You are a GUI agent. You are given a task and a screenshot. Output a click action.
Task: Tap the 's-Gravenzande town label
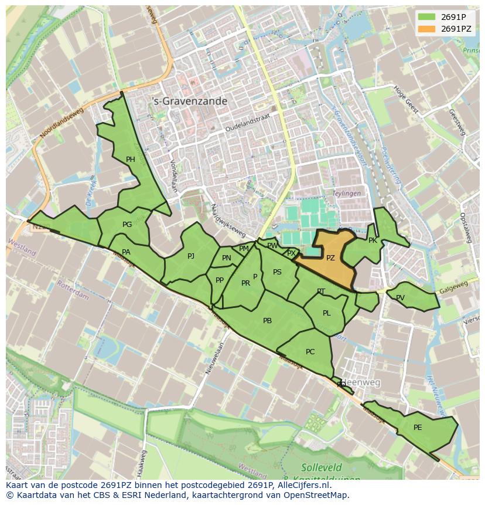click(189, 101)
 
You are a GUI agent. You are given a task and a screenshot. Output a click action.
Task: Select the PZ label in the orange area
click(330, 258)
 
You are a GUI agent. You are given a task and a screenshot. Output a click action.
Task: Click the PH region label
click(130, 159)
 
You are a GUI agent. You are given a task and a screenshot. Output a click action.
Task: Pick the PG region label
click(127, 225)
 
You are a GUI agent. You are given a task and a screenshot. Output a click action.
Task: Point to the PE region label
click(418, 428)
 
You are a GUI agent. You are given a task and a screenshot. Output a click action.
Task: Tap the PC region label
click(310, 352)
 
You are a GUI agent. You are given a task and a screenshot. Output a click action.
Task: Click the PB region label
click(267, 321)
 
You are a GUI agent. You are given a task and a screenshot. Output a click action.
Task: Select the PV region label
click(400, 298)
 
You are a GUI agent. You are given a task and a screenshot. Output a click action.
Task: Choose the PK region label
click(373, 240)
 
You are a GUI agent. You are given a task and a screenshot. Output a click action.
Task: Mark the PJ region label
click(191, 256)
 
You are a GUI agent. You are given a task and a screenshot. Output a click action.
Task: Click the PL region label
click(326, 313)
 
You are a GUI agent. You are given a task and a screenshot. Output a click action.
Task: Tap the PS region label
click(277, 272)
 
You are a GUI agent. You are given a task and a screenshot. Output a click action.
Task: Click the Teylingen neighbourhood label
click(347, 193)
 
